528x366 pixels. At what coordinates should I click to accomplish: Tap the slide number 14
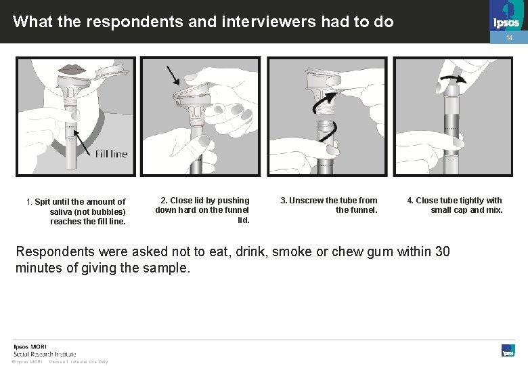(510, 39)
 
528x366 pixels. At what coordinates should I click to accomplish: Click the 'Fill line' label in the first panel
(111, 154)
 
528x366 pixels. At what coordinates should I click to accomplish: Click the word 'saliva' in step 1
(62, 211)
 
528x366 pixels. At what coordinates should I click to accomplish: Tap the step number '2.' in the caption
(164, 201)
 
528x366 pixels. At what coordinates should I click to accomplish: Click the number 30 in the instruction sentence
(441, 251)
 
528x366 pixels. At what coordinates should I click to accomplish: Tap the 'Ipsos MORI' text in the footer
(30, 346)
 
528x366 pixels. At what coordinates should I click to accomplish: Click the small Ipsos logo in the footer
(508, 350)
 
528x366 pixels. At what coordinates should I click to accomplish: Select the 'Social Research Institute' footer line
(45, 354)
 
